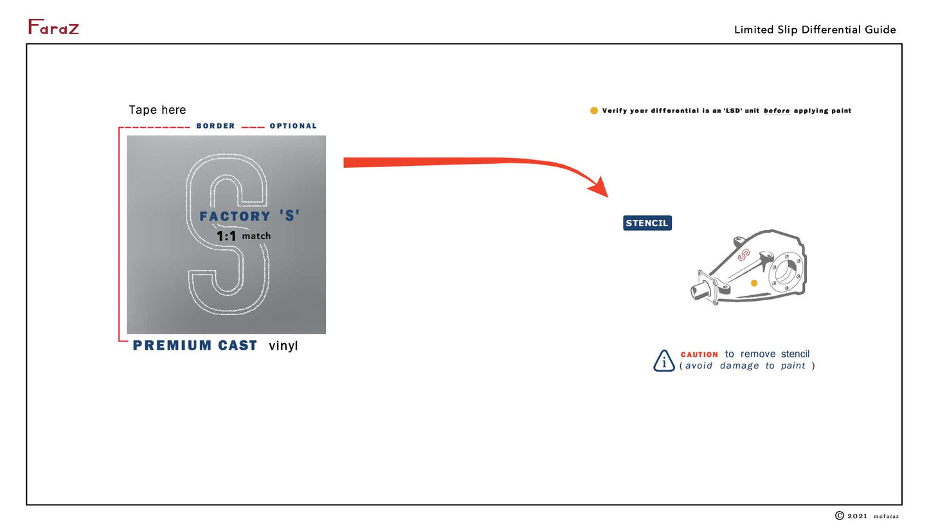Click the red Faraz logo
tap(53, 27)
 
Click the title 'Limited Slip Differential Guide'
tap(815, 30)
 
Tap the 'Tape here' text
tap(157, 110)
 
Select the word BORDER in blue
tap(215, 126)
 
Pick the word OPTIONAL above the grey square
tap(293, 126)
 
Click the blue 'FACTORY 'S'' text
tap(249, 216)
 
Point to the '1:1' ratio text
tap(226, 237)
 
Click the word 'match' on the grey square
tap(257, 236)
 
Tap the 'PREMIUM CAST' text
tap(195, 345)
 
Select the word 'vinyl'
tap(284, 346)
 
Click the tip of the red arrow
tap(608, 197)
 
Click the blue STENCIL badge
tap(647, 223)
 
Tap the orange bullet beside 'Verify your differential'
tap(594, 111)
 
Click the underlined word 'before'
tap(777, 111)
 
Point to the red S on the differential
tap(744, 255)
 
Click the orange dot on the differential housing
tap(754, 283)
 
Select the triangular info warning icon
tap(664, 361)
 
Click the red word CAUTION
tap(699, 355)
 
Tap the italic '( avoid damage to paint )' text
tap(747, 366)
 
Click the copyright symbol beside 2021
tap(840, 515)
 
